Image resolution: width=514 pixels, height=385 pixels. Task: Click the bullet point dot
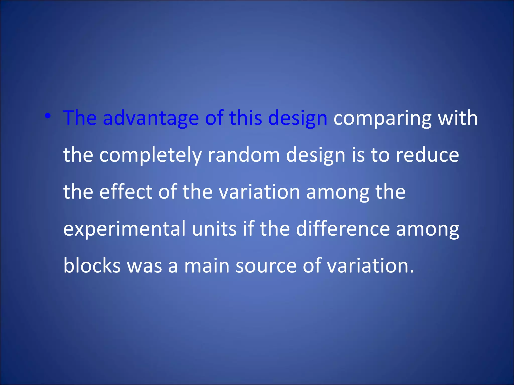coord(48,116)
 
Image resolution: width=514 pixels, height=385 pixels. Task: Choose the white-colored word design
coord(315,155)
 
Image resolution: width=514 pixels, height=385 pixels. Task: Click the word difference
coord(343,229)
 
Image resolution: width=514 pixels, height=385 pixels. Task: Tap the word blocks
coord(92,266)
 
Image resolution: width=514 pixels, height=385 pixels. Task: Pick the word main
coord(207,266)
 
